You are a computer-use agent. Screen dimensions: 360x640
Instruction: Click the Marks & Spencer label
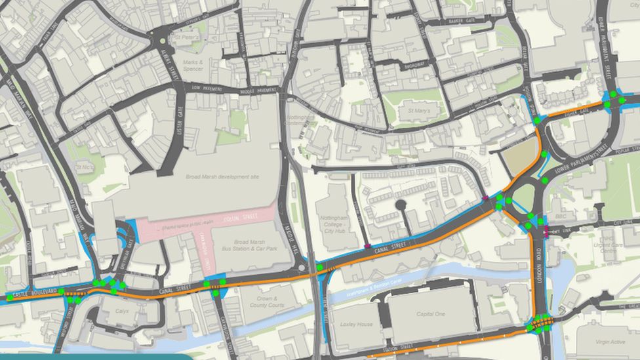pos(192,66)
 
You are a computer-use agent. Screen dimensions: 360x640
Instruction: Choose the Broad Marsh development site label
pos(222,177)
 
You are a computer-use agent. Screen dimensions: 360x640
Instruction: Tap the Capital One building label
pos(430,314)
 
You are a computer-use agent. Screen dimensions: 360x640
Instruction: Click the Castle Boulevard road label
pos(29,291)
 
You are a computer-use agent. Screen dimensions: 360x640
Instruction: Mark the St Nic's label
pos(84,167)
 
